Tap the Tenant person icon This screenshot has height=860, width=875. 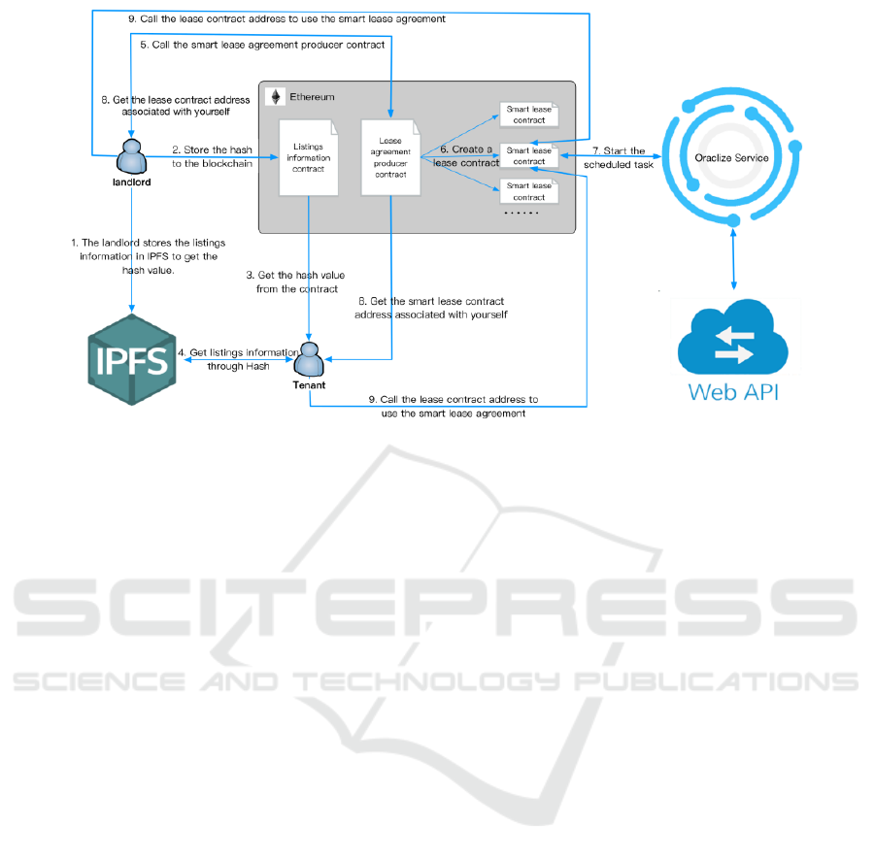(x=310, y=360)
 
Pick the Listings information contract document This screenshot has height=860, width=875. (x=308, y=157)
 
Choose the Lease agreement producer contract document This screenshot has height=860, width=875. (x=389, y=157)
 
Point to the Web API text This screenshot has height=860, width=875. (x=734, y=392)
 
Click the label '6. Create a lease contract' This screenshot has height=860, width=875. (x=465, y=156)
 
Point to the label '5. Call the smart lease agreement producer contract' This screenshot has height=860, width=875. (x=262, y=45)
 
